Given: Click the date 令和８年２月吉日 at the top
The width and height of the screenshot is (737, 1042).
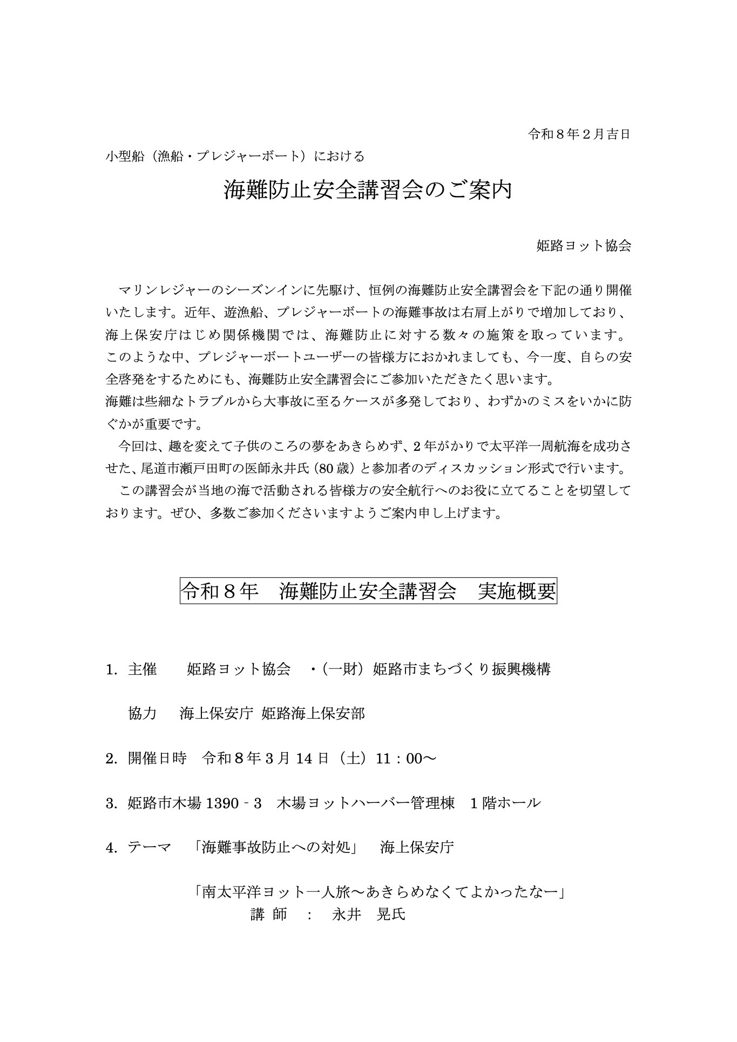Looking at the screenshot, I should click(x=579, y=134).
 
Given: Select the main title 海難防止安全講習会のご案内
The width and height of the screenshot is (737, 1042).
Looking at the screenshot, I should click(x=368, y=190).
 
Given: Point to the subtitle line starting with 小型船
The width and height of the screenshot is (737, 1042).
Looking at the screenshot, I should click(x=235, y=157).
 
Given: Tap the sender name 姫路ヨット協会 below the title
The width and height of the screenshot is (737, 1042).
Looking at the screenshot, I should click(x=584, y=246).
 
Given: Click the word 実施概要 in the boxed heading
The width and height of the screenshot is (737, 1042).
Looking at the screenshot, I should click(x=517, y=592).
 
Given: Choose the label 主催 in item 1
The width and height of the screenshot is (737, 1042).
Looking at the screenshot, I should click(x=142, y=669).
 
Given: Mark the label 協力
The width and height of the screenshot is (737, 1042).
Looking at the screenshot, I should click(x=142, y=714).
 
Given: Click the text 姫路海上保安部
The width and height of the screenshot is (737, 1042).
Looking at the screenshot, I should click(x=313, y=714).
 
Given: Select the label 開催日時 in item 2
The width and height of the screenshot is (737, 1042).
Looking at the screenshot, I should click(x=157, y=759).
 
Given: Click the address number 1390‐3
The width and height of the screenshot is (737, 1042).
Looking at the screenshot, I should click(x=233, y=803).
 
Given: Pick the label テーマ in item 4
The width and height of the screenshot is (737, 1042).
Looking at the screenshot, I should click(x=150, y=848).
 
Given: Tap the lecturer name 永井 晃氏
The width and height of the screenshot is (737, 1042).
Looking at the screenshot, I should click(x=368, y=915).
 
